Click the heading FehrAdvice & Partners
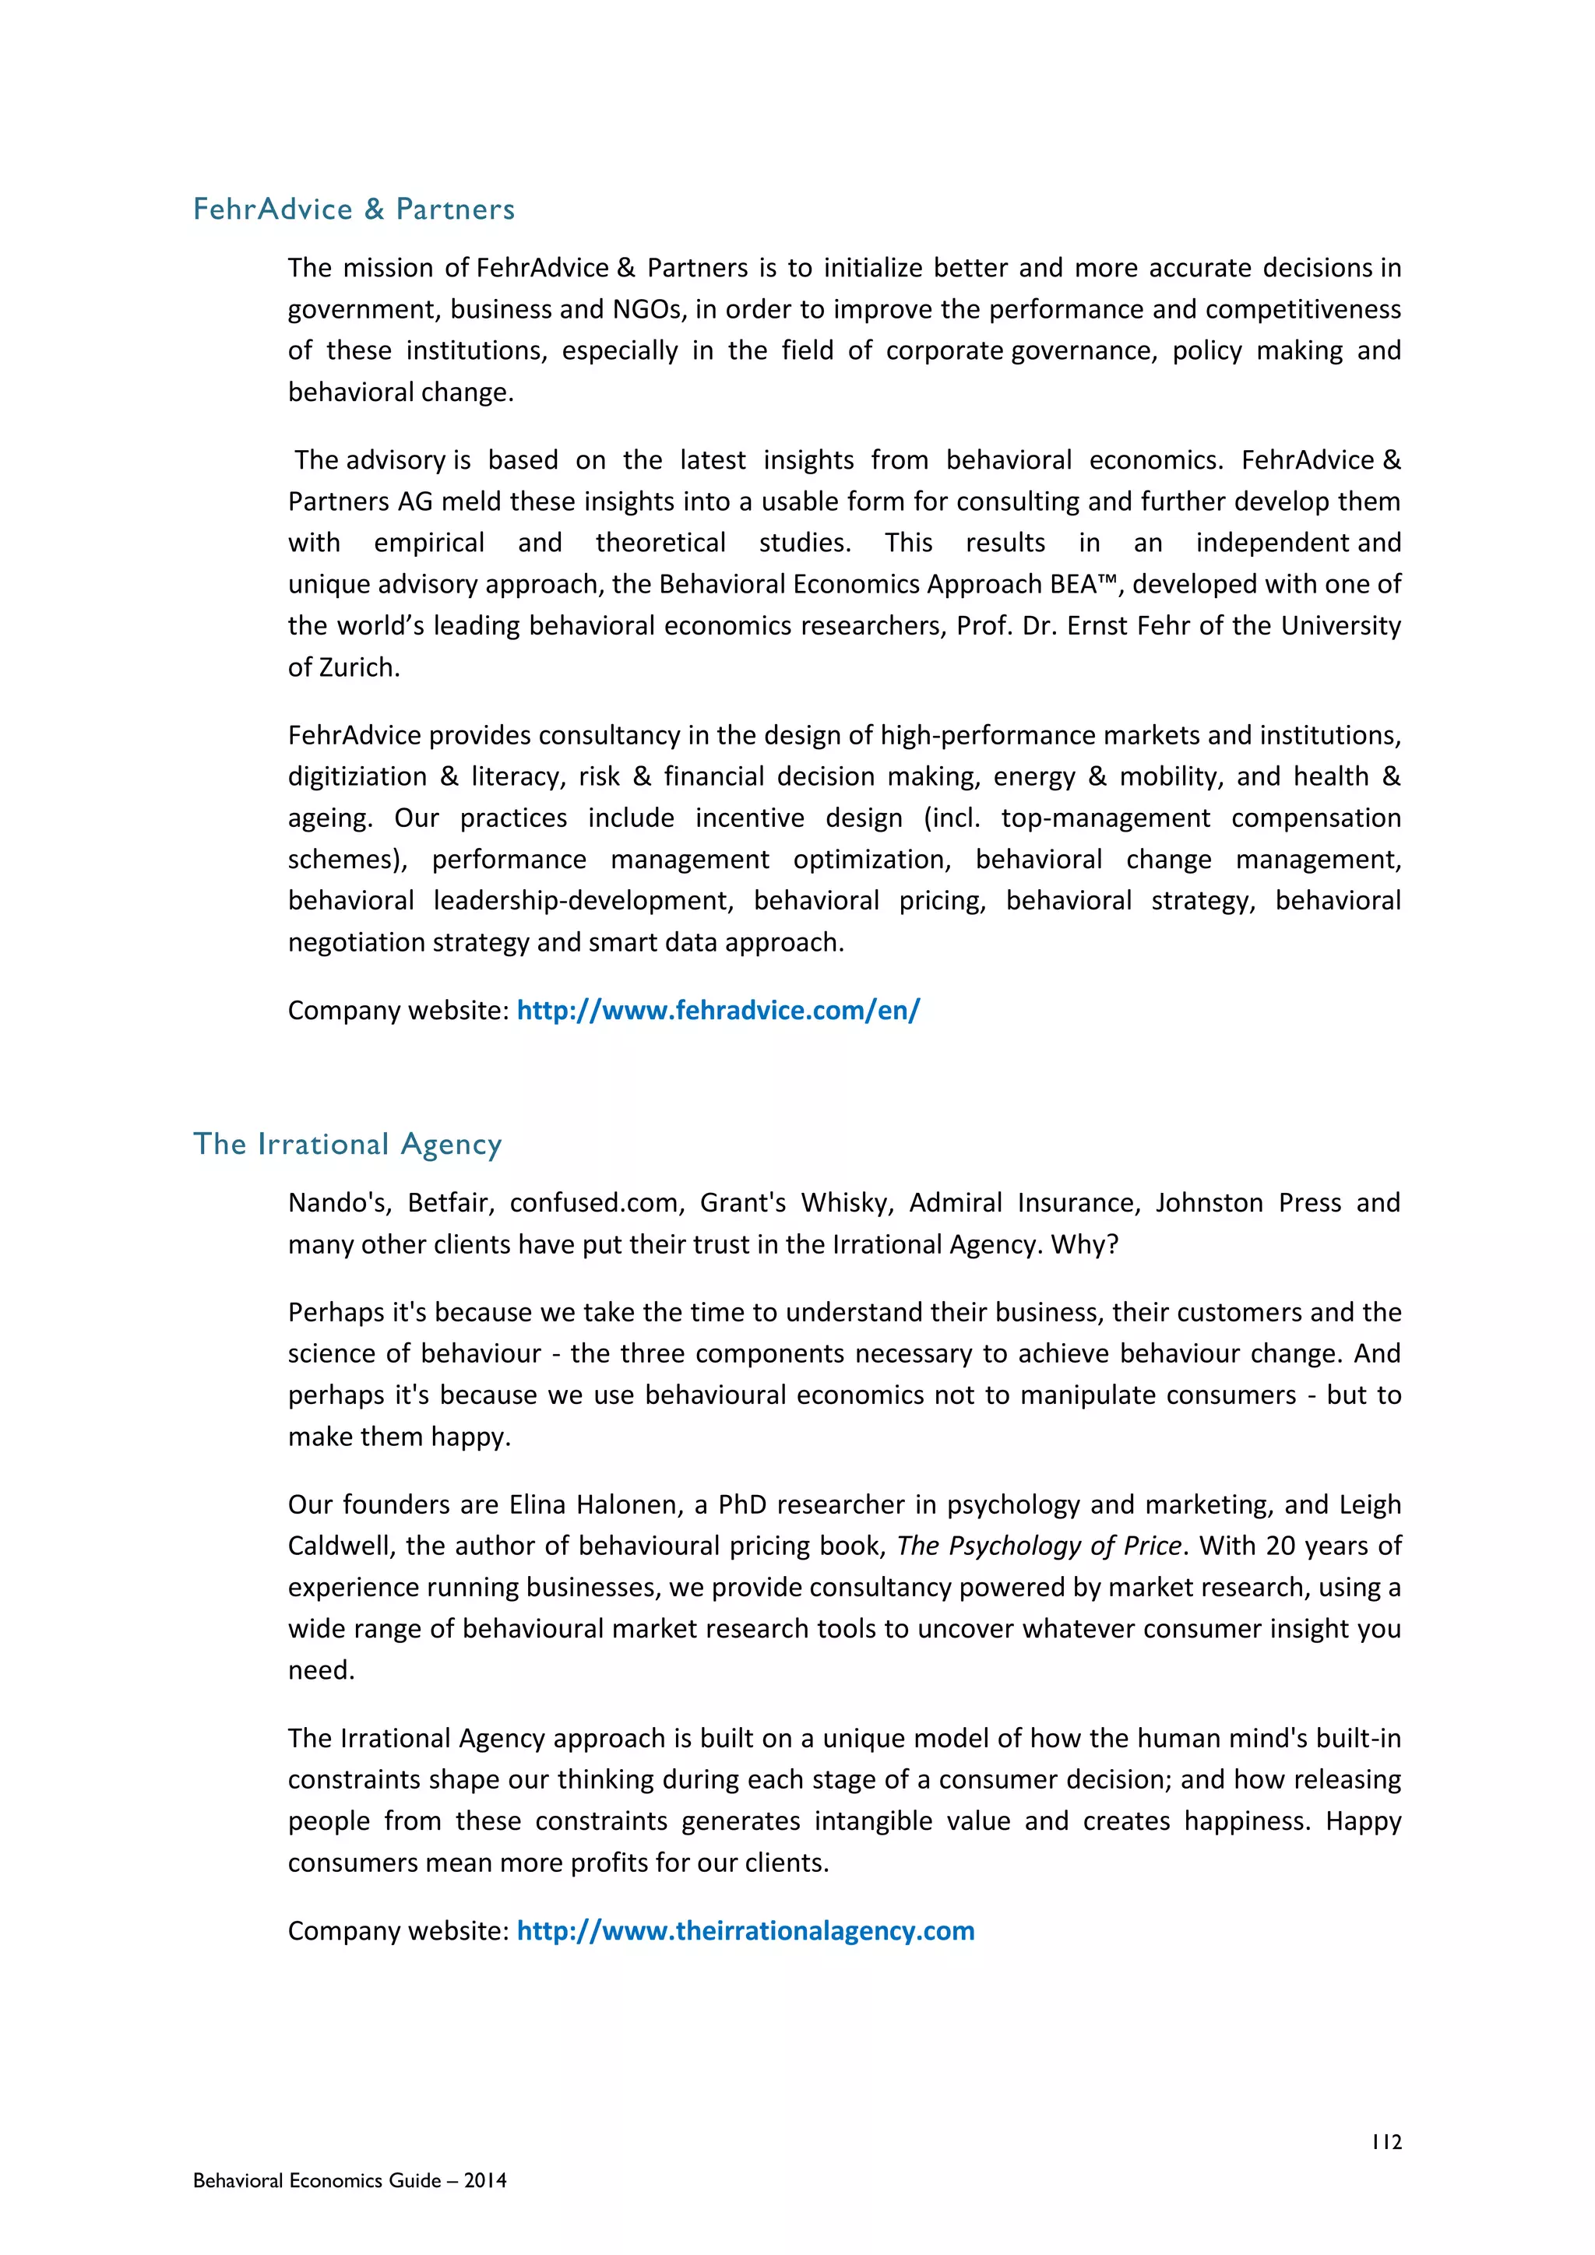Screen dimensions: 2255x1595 pos(354,209)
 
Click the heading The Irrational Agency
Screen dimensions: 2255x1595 pos(347,1144)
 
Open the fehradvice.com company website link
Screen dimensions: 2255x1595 pos(718,1011)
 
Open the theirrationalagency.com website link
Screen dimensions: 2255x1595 pos(745,1931)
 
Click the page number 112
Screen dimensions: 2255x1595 pos(1386,2142)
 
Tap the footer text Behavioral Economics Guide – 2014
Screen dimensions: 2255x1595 pos(350,2180)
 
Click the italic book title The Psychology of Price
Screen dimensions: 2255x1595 pos(1038,1546)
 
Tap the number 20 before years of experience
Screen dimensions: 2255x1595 pos(1280,1546)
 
